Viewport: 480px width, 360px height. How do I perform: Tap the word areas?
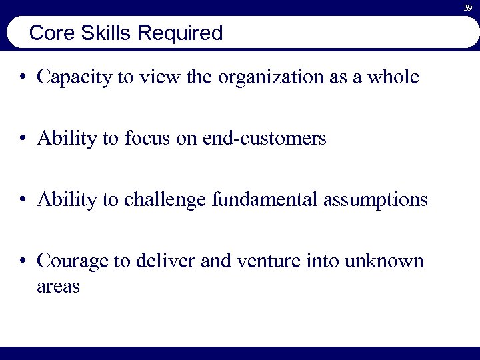[59, 287]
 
